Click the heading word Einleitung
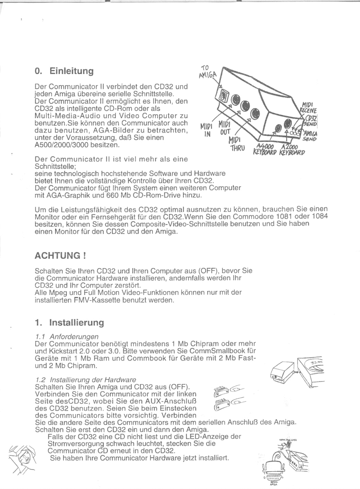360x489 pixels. point(71,71)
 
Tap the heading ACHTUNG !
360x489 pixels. point(60,256)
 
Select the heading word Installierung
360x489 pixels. point(76,323)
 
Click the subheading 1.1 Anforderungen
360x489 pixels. point(67,336)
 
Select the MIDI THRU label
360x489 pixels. point(237,144)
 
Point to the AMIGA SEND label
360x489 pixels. point(310,136)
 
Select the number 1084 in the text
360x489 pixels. point(320,217)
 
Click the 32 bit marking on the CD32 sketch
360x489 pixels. point(314,363)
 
